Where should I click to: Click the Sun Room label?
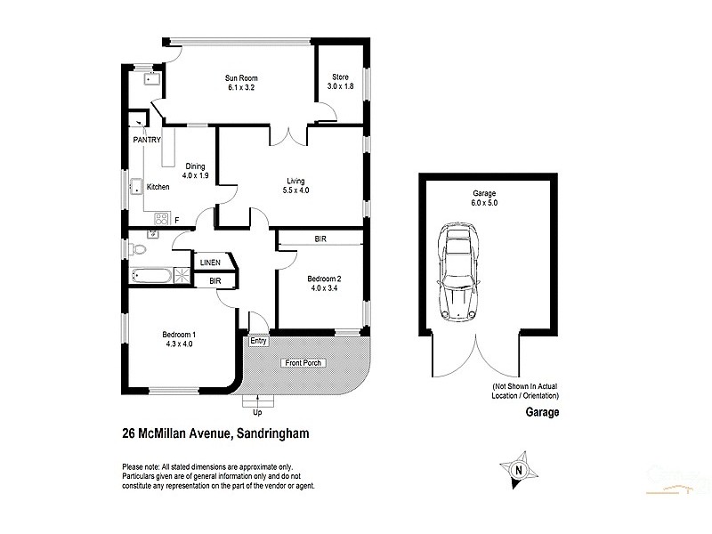(x=241, y=78)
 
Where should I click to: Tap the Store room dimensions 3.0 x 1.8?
(x=341, y=87)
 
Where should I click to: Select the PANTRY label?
(x=147, y=141)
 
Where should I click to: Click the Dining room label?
(x=196, y=166)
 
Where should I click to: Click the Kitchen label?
(x=158, y=187)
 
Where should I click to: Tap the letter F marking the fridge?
(x=176, y=220)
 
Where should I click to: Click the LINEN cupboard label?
(x=209, y=263)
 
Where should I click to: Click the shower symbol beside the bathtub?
(x=182, y=276)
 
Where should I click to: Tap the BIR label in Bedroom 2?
(x=320, y=239)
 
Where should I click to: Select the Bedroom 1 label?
(x=178, y=335)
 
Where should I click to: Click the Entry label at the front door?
(x=258, y=341)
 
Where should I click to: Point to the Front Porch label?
(x=303, y=363)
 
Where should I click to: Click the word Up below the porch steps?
(x=257, y=414)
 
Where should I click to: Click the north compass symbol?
(x=516, y=469)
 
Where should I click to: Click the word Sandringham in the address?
(x=271, y=434)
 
